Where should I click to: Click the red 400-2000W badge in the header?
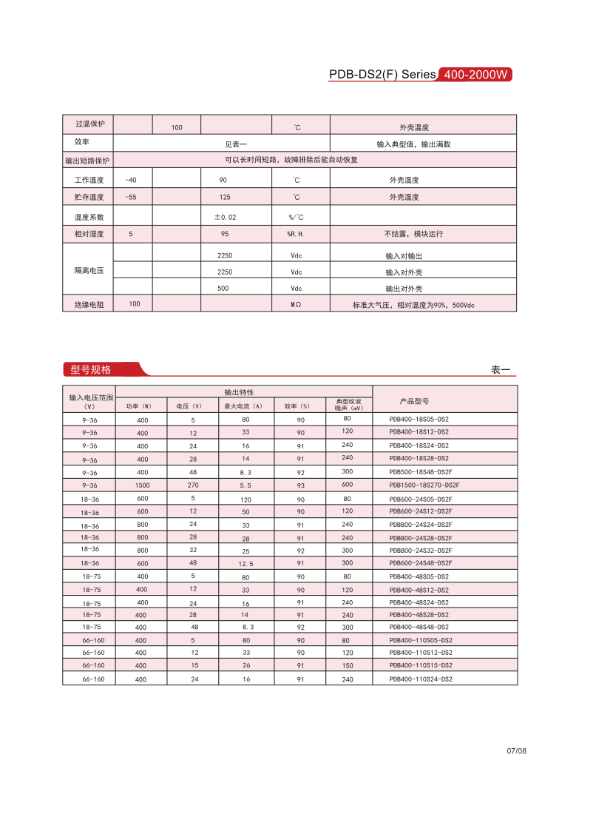click(x=475, y=75)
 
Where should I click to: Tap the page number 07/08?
click(x=516, y=751)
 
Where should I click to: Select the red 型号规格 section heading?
click(x=91, y=370)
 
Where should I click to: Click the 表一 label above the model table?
click(x=501, y=370)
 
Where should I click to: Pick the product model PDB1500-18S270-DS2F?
click(x=424, y=485)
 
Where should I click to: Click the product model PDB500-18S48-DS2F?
click(x=421, y=472)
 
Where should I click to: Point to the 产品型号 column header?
click(x=414, y=401)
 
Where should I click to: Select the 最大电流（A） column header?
click(x=243, y=406)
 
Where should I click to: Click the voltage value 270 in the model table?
click(x=193, y=485)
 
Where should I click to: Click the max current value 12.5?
click(x=246, y=564)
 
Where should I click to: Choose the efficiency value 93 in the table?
click(x=301, y=485)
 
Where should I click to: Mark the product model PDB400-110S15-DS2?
click(x=421, y=665)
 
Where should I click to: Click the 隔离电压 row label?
click(x=89, y=271)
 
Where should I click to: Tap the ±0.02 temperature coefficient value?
click(x=226, y=218)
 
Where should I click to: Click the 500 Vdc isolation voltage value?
click(x=223, y=289)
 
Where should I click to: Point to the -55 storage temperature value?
click(x=131, y=198)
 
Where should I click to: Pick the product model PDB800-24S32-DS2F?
click(x=421, y=551)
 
